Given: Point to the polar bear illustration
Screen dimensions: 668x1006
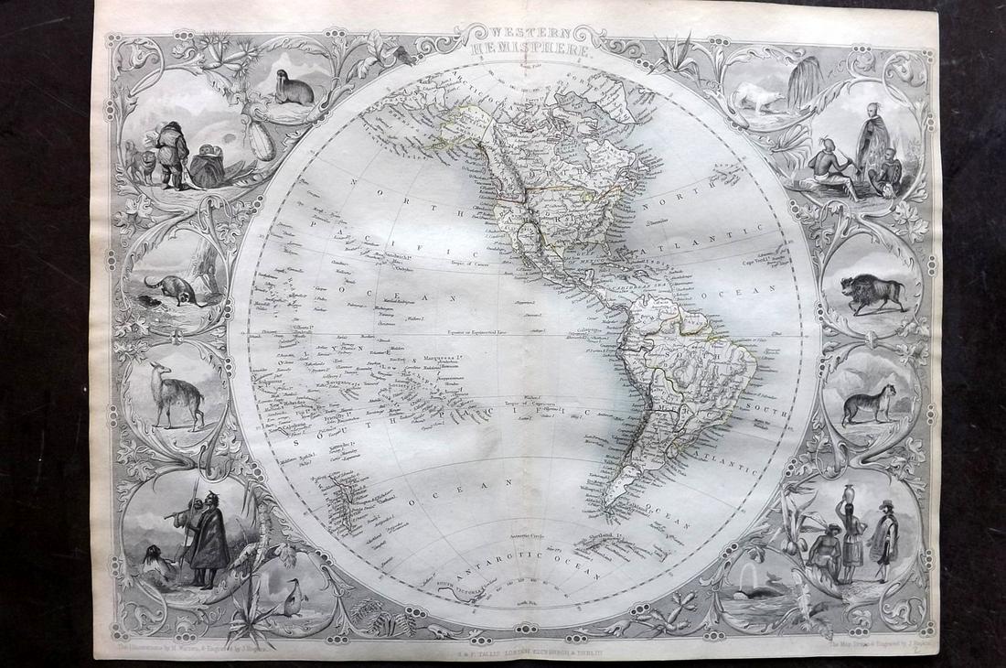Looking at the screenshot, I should coord(757,96).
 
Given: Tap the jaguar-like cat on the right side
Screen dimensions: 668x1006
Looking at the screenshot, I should coord(868,405).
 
